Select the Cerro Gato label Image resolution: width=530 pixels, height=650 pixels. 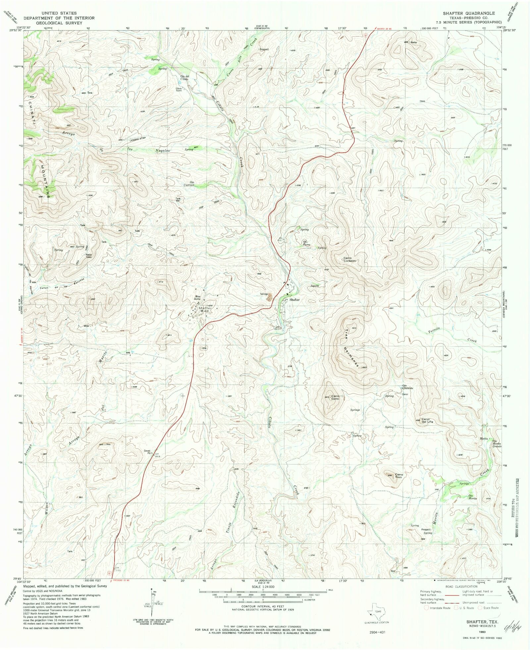(335, 398)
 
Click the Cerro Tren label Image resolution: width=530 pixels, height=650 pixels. (398, 476)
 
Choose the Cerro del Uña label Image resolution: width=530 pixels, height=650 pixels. (427, 420)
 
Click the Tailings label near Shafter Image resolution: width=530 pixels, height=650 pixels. (264, 294)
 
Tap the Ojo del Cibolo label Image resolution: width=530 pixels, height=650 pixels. (185, 78)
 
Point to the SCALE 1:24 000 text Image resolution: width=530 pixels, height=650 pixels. (263, 586)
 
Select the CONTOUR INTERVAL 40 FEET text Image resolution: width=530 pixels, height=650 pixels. (263, 606)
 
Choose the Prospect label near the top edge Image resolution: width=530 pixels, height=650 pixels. (264, 49)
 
